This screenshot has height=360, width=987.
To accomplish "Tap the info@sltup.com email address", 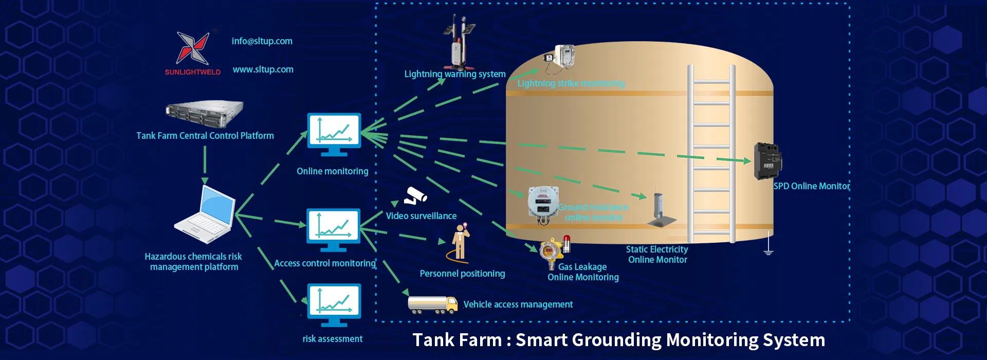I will tap(262, 41).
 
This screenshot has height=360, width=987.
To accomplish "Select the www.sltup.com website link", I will tap(263, 69).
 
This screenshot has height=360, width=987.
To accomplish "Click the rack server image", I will tap(205, 113).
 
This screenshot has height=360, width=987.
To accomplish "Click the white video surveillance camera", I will tap(415, 196).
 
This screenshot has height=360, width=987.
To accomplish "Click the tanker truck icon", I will tap(432, 304).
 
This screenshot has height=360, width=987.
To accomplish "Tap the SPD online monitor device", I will tap(767, 161).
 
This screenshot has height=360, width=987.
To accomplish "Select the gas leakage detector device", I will tap(553, 252).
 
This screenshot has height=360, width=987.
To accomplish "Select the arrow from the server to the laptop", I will tap(205, 165).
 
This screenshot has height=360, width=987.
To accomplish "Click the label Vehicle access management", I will tap(518, 304).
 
